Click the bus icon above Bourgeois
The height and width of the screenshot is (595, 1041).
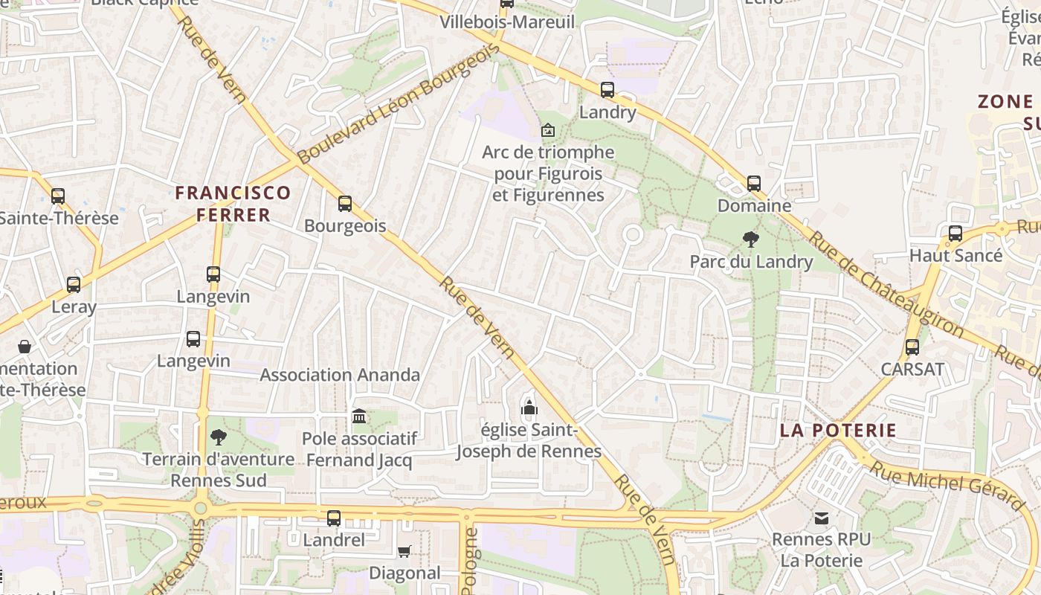click(x=344, y=204)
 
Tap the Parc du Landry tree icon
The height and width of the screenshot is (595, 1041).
click(x=751, y=239)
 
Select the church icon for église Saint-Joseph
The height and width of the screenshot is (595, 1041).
click(x=529, y=408)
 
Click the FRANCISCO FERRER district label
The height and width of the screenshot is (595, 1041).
click(x=233, y=204)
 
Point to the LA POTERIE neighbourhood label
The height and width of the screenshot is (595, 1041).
click(x=838, y=431)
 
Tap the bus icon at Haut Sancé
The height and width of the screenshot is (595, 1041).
click(x=955, y=234)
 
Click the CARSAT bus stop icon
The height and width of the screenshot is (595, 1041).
click(x=912, y=347)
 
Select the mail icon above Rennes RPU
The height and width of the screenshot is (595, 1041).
click(x=821, y=518)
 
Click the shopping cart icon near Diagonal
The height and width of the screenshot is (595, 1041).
click(x=404, y=551)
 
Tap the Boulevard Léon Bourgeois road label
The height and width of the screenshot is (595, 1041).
click(x=398, y=103)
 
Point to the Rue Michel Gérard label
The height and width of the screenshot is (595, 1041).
click(x=947, y=485)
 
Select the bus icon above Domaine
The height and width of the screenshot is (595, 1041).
click(x=753, y=183)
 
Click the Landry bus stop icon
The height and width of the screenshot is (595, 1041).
click(x=607, y=90)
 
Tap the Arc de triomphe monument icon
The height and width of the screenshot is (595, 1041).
click(x=547, y=130)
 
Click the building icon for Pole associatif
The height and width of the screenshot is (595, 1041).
click(x=359, y=416)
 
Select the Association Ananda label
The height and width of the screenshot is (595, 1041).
click(x=340, y=375)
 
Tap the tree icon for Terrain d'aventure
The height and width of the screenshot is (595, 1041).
click(x=218, y=437)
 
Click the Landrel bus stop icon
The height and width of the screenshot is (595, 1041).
click(x=334, y=518)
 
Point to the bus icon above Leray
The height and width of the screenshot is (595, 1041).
click(x=74, y=284)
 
